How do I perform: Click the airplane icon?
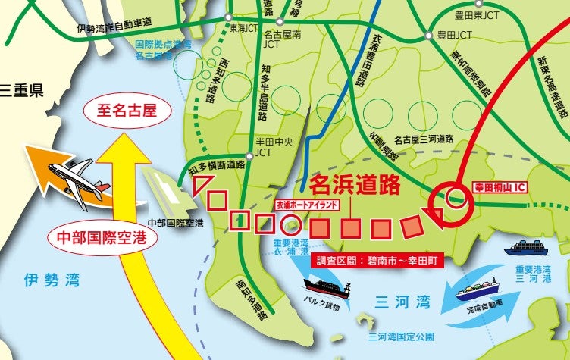77,176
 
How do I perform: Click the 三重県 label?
21,92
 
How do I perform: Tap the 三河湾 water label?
402,302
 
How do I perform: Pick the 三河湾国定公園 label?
401,335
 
